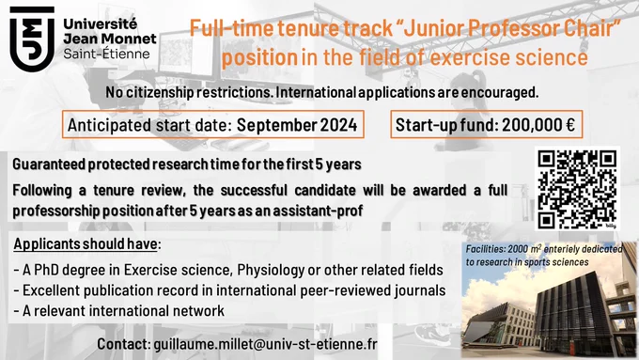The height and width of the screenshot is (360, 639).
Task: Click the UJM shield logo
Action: (32, 39)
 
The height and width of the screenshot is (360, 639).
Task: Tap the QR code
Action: (577, 189)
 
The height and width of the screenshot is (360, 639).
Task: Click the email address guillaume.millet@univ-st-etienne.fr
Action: (265, 344)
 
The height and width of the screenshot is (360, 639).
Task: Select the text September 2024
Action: (297, 125)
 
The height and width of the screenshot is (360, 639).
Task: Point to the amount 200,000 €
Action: (538, 125)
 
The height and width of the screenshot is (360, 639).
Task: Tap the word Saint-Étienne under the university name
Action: (107, 54)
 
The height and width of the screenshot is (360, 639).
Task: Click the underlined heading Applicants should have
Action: (86, 244)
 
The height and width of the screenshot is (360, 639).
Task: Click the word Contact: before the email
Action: (124, 344)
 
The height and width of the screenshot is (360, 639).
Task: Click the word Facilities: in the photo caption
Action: (485, 249)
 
